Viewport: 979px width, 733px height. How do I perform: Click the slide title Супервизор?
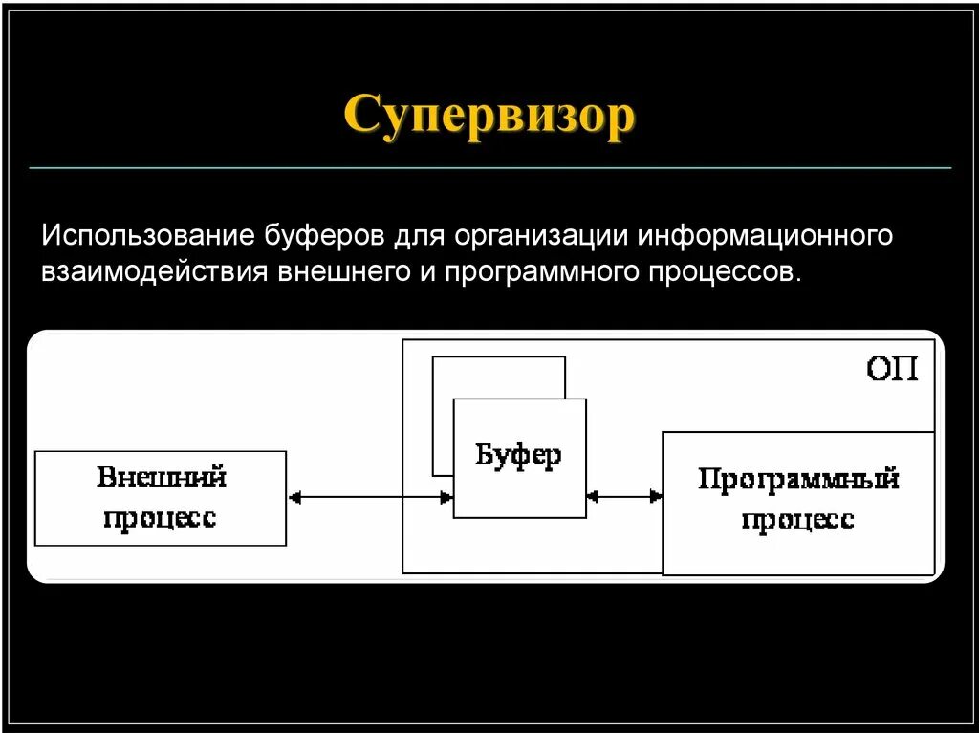pyautogui.click(x=489, y=117)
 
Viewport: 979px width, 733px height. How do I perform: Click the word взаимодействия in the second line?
pyautogui.click(x=154, y=271)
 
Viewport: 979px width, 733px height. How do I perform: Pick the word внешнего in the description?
pyautogui.click(x=335, y=271)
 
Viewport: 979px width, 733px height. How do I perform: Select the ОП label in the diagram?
pyautogui.click(x=892, y=369)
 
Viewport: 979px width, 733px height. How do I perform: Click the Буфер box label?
pyautogui.click(x=518, y=455)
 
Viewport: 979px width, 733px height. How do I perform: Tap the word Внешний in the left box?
pyautogui.click(x=161, y=477)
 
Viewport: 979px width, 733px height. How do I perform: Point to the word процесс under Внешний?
pyautogui.click(x=161, y=518)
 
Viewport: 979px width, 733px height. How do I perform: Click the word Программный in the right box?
pyautogui.click(x=798, y=478)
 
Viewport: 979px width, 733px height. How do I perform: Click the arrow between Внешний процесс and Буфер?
pyautogui.click(x=370, y=497)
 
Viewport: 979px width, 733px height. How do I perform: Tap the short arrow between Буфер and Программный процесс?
pyautogui.click(x=624, y=496)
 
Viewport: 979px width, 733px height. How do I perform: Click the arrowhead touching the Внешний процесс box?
pyautogui.click(x=294, y=497)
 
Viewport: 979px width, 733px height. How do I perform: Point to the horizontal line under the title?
pyautogui.click(x=489, y=168)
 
